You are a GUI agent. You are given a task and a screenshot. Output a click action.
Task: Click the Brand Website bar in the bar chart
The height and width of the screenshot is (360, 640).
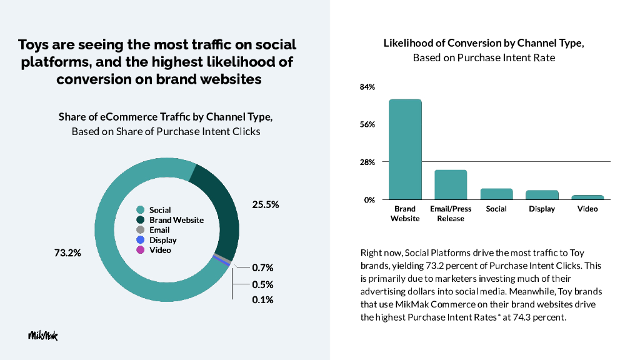405,149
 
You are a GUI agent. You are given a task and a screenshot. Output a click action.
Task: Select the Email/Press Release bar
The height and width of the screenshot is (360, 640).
451,184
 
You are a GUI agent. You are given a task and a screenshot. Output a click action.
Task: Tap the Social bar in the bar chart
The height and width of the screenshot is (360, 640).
496,194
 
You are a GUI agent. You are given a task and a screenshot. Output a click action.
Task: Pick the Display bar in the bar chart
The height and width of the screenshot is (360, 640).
542,194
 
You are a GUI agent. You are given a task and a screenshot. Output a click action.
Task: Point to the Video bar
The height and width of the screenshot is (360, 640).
587,197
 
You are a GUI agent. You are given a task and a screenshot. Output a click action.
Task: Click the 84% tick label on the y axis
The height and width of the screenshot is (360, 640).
367,87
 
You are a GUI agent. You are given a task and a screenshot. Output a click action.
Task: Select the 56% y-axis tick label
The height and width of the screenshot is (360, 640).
367,124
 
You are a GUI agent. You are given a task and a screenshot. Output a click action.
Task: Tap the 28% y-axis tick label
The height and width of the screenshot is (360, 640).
367,162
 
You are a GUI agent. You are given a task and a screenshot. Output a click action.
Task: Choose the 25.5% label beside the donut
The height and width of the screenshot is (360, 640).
265,204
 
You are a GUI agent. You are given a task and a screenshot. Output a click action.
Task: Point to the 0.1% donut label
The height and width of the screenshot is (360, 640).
262,300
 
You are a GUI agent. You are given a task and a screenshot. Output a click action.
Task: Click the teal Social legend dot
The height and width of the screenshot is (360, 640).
141,210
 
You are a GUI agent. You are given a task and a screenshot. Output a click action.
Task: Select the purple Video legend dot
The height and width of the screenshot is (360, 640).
141,250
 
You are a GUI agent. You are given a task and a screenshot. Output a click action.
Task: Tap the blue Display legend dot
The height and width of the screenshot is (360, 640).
141,240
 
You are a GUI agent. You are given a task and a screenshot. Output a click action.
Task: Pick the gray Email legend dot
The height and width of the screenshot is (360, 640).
141,230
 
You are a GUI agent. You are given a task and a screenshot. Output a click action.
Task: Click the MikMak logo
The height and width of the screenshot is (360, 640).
42,336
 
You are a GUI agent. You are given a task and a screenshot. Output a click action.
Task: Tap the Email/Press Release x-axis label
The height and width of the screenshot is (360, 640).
451,213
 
